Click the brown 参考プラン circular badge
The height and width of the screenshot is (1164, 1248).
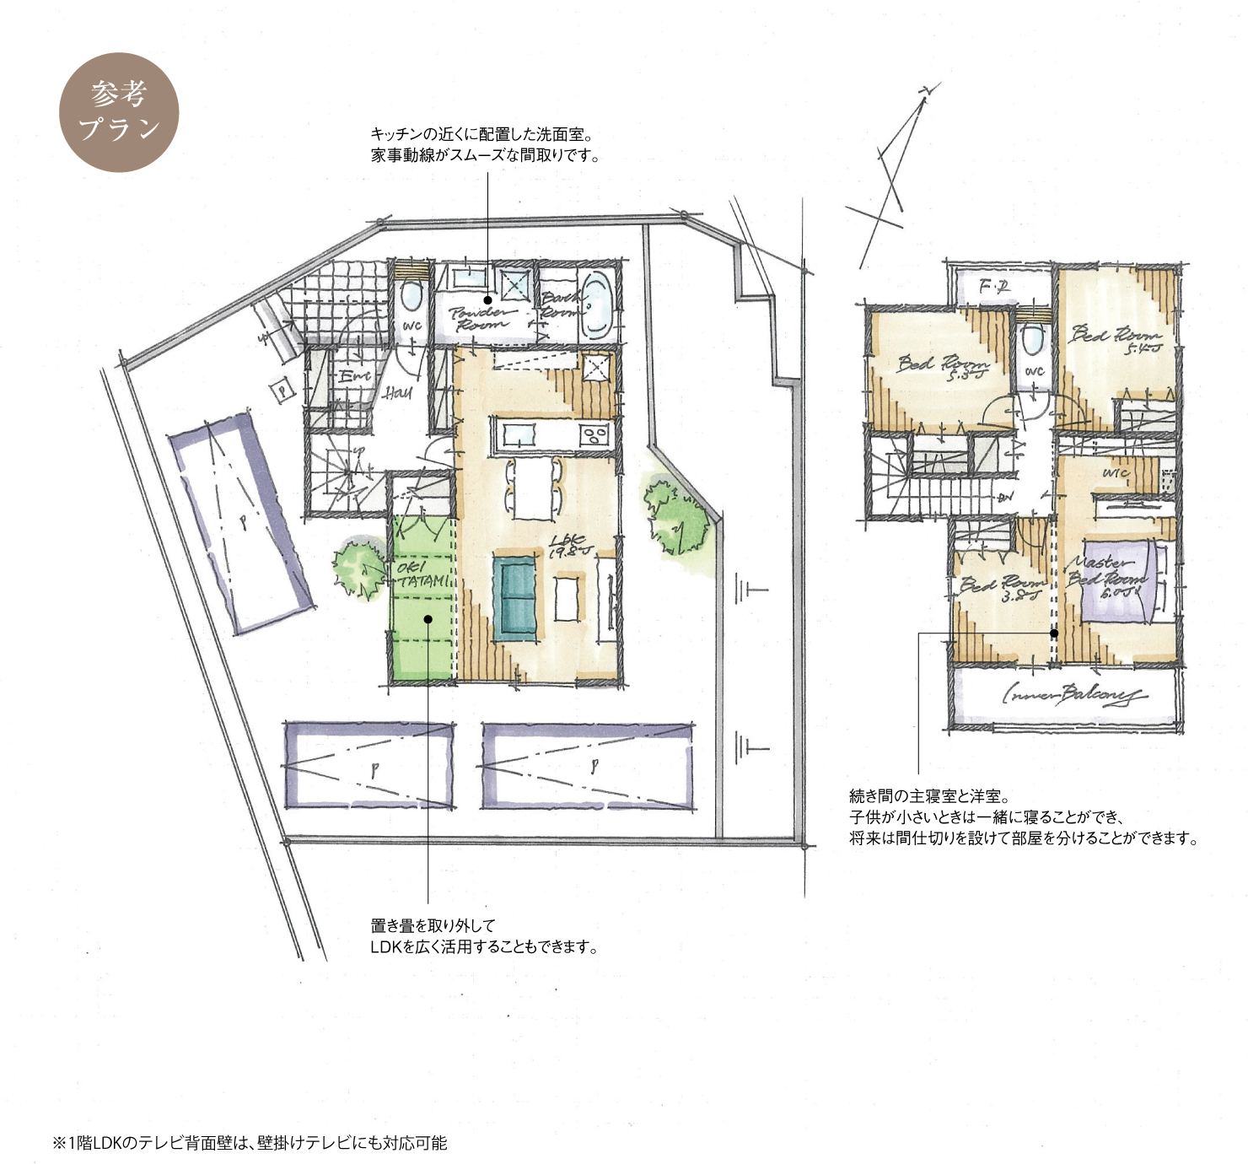[119, 112]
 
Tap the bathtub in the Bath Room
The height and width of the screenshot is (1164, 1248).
[598, 304]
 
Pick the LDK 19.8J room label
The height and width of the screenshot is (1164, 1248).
[571, 547]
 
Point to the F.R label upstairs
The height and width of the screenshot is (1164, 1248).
[994, 288]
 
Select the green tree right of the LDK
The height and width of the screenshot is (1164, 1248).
[675, 518]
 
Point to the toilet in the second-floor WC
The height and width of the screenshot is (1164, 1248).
[1032, 340]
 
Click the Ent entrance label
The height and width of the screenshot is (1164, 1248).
[354, 377]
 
